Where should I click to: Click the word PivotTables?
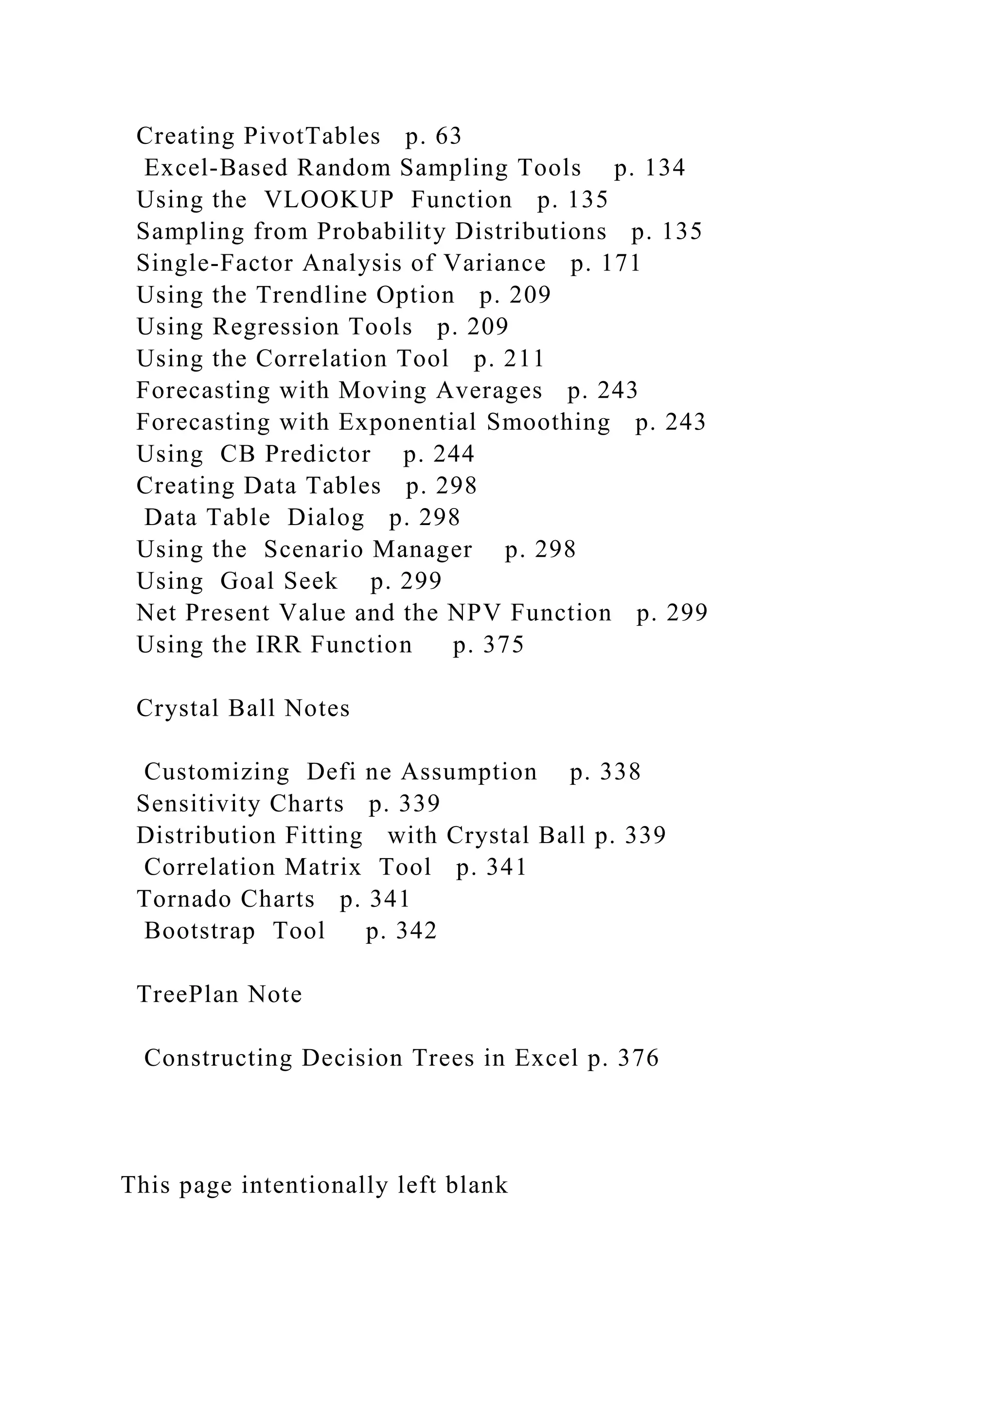(x=312, y=136)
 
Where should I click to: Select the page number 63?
(x=448, y=136)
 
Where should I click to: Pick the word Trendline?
(x=311, y=296)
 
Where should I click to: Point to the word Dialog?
(x=326, y=518)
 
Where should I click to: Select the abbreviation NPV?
(x=475, y=613)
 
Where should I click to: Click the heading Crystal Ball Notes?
(x=243, y=708)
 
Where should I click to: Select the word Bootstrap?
(x=199, y=931)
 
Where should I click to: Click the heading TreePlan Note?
(x=219, y=994)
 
